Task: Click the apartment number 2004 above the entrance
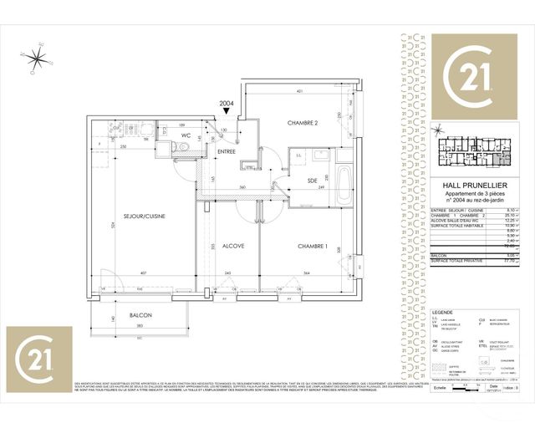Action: [226, 104]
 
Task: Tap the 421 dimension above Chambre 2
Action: [296, 90]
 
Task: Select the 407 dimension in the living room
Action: [144, 274]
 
